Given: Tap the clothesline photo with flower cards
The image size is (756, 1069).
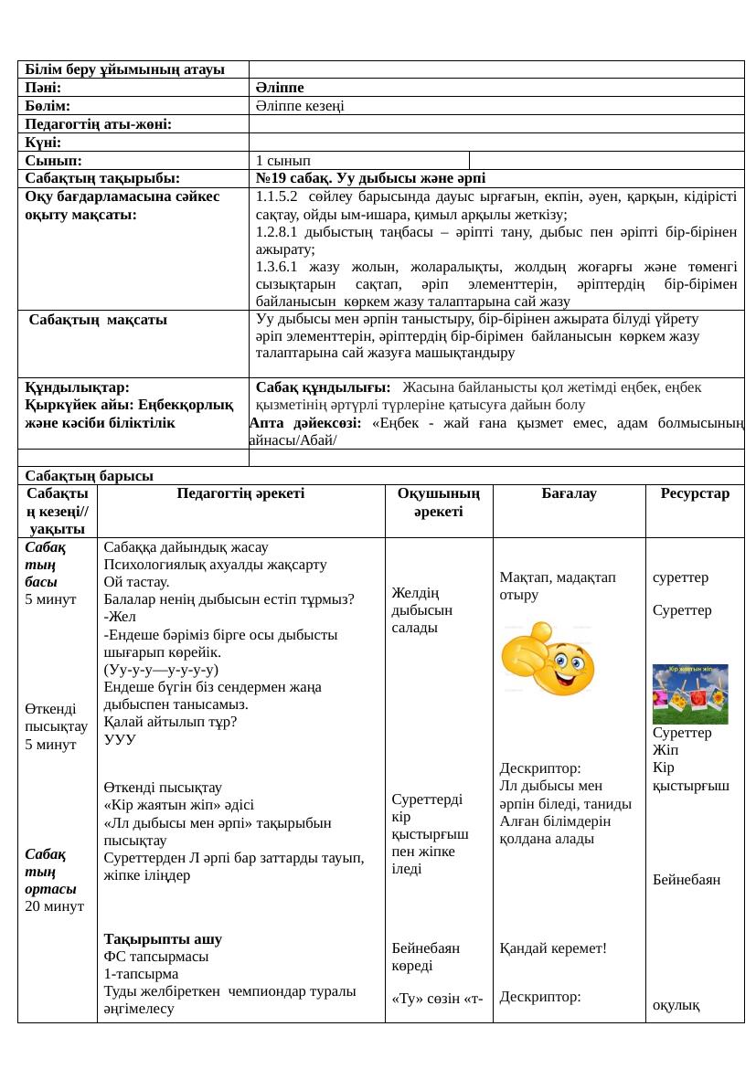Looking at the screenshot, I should click(x=690, y=693).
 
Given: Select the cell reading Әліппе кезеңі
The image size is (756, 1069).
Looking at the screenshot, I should click(x=300, y=106).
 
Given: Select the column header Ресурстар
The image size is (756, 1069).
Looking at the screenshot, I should click(x=695, y=493).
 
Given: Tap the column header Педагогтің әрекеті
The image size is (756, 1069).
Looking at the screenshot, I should click(x=241, y=493).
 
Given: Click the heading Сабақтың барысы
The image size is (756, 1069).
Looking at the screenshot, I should click(x=90, y=475).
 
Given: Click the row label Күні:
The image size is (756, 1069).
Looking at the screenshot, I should click(x=43, y=143).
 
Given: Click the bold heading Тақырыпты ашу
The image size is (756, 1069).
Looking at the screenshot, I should click(x=163, y=939).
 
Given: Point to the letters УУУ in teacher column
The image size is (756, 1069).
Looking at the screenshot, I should click(x=121, y=739).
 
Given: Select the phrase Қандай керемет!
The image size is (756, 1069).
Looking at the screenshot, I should click(x=553, y=948).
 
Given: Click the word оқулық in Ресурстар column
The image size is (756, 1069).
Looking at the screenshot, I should click(x=676, y=1006).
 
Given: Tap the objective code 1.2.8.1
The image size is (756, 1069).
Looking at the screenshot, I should click(x=277, y=232).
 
